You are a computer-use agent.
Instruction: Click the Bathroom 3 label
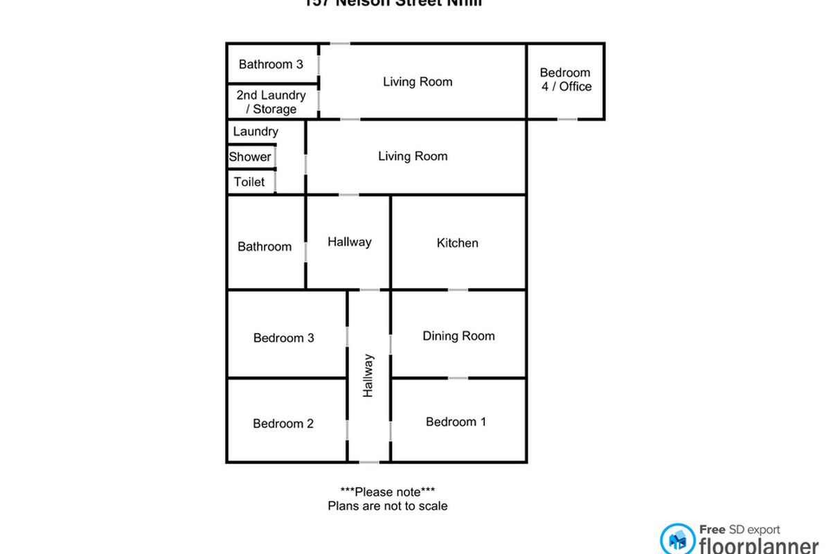[271, 64]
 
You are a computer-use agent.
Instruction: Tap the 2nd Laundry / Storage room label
[271, 102]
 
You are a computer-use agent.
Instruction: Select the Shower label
[250, 157]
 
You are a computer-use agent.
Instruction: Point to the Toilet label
[249, 182]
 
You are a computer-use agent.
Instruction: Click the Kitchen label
[457, 243]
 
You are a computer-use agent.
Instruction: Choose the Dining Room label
[458, 336]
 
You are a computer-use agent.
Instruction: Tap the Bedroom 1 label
[456, 422]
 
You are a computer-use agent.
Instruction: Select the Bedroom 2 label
[283, 423]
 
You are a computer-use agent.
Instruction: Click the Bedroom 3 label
[284, 338]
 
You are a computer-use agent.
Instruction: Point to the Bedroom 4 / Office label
[565, 79]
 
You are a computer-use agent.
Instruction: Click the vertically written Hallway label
[368, 375]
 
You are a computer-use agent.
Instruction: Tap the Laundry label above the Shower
[256, 132]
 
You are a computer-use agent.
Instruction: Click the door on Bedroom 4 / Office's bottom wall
[567, 119]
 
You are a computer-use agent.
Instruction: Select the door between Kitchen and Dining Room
[458, 289]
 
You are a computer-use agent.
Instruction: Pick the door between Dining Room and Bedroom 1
[458, 378]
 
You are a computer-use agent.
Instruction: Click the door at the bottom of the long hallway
[369, 462]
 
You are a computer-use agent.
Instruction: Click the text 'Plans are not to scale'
[387, 506]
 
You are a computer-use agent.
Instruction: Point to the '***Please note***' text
[387, 492]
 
